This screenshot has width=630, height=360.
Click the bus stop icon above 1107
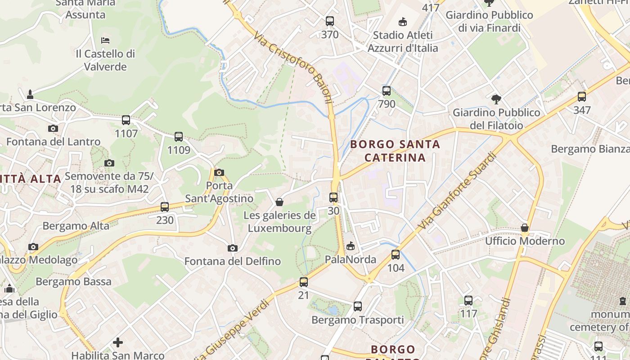click(x=126, y=120)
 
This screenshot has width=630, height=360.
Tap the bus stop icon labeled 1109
click(x=179, y=137)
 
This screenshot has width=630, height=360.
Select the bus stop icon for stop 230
click(x=165, y=207)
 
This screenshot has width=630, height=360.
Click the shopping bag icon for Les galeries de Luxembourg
click(x=279, y=202)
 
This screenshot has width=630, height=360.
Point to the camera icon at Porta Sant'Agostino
click(x=219, y=172)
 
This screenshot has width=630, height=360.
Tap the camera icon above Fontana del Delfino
click(x=232, y=248)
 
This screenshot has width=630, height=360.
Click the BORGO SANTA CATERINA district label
click(x=395, y=151)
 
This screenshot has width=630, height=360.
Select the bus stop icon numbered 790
click(x=387, y=91)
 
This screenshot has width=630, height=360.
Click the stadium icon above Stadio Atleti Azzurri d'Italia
click(x=403, y=22)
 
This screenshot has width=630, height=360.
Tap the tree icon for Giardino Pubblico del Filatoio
click(x=496, y=99)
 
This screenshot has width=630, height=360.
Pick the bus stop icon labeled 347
click(x=582, y=97)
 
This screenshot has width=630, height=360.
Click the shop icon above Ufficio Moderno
click(x=525, y=228)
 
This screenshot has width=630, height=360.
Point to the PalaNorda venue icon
click(x=351, y=246)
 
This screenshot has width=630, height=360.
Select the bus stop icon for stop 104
click(x=396, y=255)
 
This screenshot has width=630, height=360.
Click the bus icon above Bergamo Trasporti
click(x=358, y=306)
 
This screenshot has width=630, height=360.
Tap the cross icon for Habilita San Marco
click(x=118, y=342)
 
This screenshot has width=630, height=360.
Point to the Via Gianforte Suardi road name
click(x=456, y=191)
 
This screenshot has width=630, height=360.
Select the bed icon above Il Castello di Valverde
click(x=105, y=40)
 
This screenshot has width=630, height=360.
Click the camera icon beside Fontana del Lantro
click(x=53, y=129)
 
